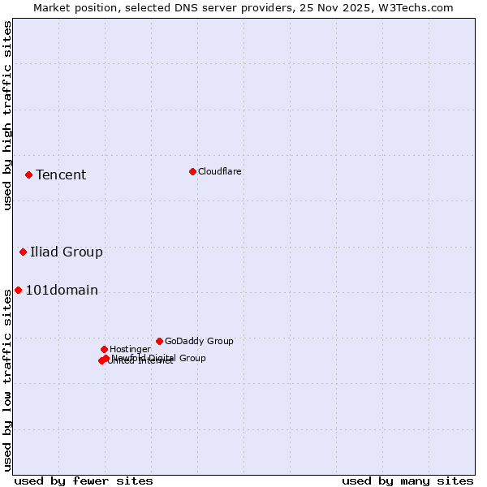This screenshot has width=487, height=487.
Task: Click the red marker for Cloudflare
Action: coord(192,171)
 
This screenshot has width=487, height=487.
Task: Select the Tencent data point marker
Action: coord(28,175)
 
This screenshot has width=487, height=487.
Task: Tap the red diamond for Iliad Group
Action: coord(23,252)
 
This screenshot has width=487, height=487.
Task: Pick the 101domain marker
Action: coord(18,290)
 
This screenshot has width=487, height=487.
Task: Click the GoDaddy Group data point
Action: coord(159,341)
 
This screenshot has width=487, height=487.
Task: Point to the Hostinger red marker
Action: coord(104,349)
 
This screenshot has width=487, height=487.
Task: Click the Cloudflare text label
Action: coord(219,171)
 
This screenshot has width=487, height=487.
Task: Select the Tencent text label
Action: coord(61,175)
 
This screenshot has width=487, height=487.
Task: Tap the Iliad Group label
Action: coord(67,252)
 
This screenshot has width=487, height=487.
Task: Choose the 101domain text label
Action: coord(62,290)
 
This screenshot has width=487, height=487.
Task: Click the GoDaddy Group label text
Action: coord(199,341)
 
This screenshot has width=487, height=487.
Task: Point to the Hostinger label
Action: coord(130,349)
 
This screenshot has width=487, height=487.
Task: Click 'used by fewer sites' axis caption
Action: coord(84,481)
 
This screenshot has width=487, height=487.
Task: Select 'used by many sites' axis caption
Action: coord(407,481)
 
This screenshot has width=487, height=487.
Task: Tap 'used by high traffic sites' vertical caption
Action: coord(7,115)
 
